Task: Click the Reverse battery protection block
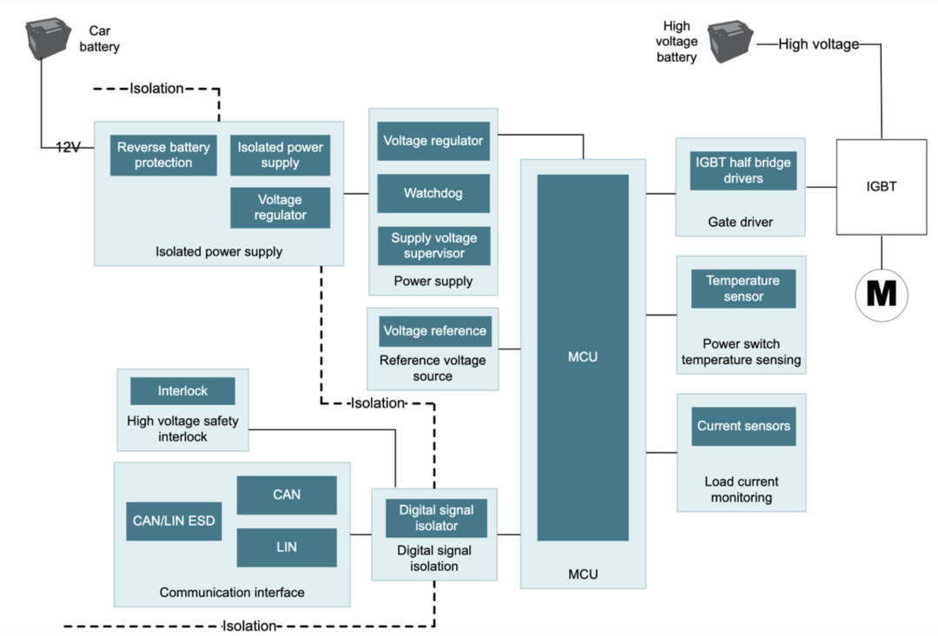(163, 155)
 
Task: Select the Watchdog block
(433, 193)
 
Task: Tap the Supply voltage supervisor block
(433, 246)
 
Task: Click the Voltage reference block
(434, 331)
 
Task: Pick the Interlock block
(182, 391)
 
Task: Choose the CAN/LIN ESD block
(174, 521)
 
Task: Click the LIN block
(287, 547)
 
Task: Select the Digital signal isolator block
(436, 518)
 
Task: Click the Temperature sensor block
(743, 288)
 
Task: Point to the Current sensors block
(743, 426)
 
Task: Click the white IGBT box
(881, 186)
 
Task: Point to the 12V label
(68, 148)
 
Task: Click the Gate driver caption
(740, 222)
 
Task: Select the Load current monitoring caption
(742, 490)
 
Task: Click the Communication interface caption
(232, 593)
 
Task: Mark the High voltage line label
(818, 44)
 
